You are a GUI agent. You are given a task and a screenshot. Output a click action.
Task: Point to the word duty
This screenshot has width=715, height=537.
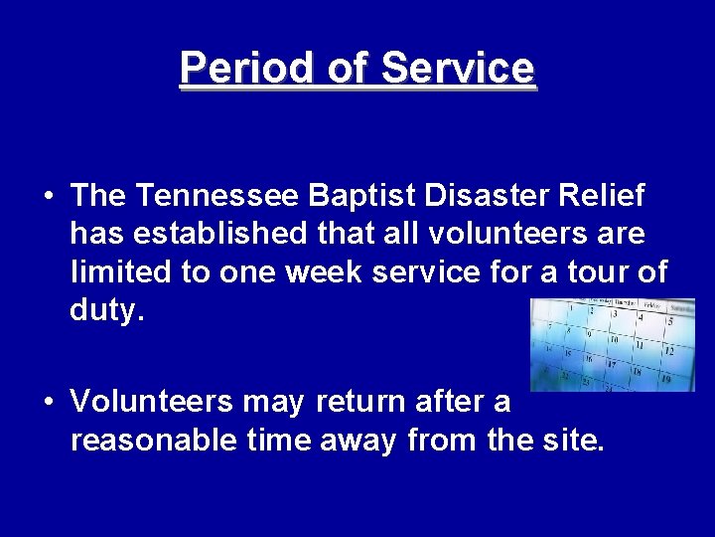pyautogui.click(x=106, y=309)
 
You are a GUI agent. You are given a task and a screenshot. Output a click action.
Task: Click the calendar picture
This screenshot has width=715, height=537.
pyautogui.click(x=612, y=344)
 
